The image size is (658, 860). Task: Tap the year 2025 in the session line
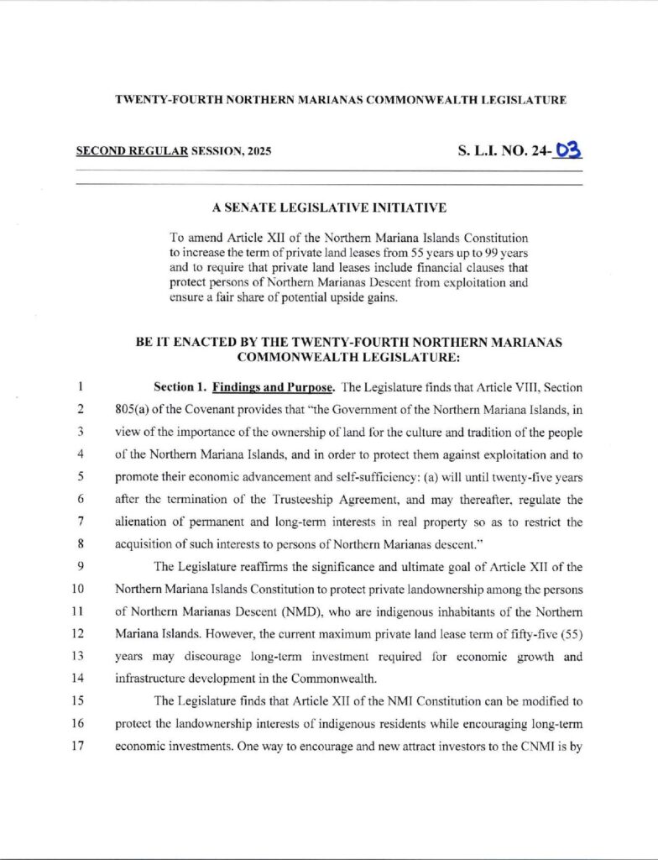coord(258,153)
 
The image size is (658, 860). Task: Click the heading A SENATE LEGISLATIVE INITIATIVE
coord(329,207)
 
